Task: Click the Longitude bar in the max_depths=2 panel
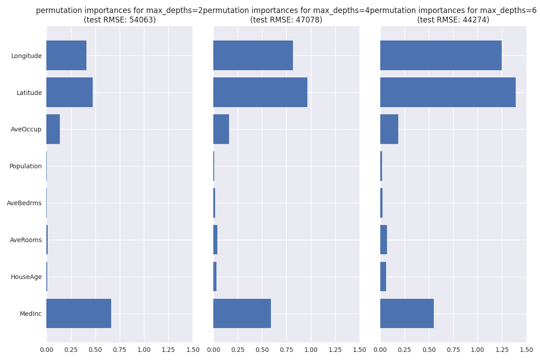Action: tap(67, 55)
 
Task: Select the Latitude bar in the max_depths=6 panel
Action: tap(448, 92)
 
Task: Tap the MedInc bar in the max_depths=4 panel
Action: tap(242, 313)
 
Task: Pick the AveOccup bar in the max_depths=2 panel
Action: tap(53, 129)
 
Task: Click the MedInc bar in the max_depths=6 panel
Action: tap(407, 313)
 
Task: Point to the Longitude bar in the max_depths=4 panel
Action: tap(253, 55)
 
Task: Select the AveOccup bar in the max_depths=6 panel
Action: tap(389, 129)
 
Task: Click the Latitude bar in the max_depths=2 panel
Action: tap(70, 92)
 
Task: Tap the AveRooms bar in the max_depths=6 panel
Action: tap(383, 240)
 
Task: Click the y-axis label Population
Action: tap(26, 166)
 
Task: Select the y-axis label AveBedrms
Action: tap(24, 203)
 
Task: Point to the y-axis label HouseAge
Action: tap(26, 277)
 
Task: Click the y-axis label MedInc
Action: tap(31, 314)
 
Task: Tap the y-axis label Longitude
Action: tap(27, 56)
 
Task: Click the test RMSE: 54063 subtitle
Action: tap(120, 20)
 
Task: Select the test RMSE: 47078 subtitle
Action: tap(286, 20)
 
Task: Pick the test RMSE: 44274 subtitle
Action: tap(453, 20)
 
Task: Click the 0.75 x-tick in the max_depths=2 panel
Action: tap(120, 350)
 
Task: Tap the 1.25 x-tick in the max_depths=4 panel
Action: tap(335, 350)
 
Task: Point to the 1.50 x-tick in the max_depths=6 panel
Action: tap(526, 350)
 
